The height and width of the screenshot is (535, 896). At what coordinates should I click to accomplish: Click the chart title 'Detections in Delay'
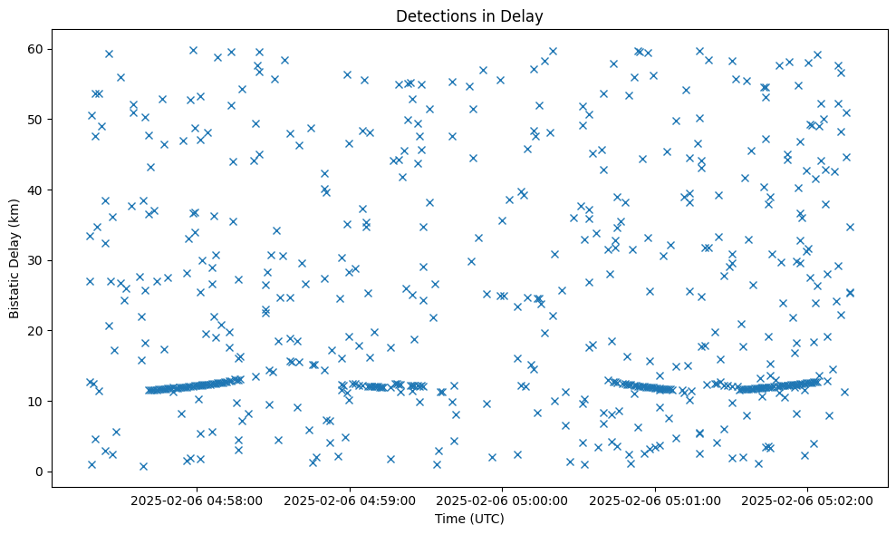click(x=469, y=15)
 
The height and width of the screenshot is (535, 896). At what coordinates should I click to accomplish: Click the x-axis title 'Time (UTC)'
click(x=469, y=520)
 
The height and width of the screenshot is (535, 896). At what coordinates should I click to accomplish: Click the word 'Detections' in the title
click(x=432, y=15)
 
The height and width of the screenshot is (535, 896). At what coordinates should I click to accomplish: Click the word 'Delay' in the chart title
click(x=525, y=15)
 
